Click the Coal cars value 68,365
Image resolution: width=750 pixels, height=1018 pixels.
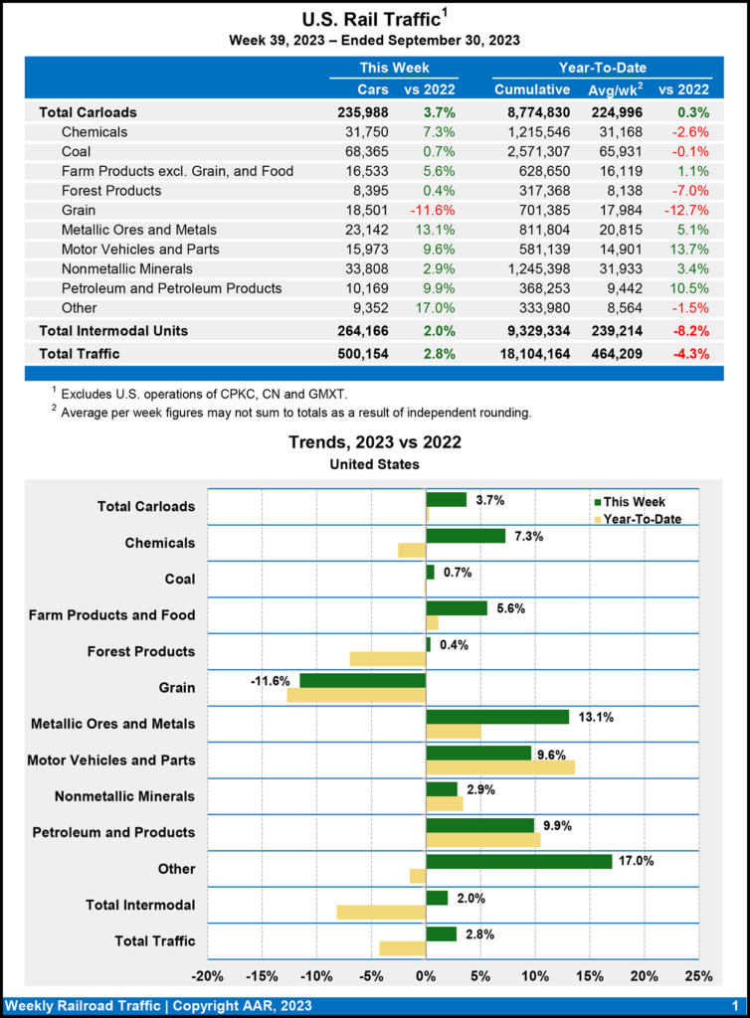pyautogui.click(x=364, y=151)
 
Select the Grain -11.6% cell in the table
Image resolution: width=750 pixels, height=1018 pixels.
pyautogui.click(x=433, y=210)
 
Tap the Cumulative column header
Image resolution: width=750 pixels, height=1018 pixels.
pyautogui.click(x=532, y=90)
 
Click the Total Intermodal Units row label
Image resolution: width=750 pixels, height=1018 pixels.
pyautogui.click(x=113, y=330)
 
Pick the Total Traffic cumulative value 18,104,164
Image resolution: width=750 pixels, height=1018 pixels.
pyautogui.click(x=542, y=353)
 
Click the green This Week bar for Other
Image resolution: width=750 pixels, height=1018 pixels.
pyautogui.click(x=518, y=861)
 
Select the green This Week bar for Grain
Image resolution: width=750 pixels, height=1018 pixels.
pyautogui.click(x=362, y=680)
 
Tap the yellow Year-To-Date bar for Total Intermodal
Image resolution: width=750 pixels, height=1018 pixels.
pyautogui.click(x=381, y=912)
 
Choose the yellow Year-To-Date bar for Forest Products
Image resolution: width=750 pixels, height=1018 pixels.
pyautogui.click(x=387, y=658)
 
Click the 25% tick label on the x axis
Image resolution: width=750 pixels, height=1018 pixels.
pyautogui.click(x=698, y=976)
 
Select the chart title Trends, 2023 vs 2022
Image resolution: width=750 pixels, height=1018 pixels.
pyautogui.click(x=375, y=442)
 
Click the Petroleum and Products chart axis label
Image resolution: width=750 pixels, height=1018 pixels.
pyautogui.click(x=113, y=832)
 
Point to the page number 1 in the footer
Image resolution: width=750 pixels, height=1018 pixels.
pyautogui.click(x=733, y=1005)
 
